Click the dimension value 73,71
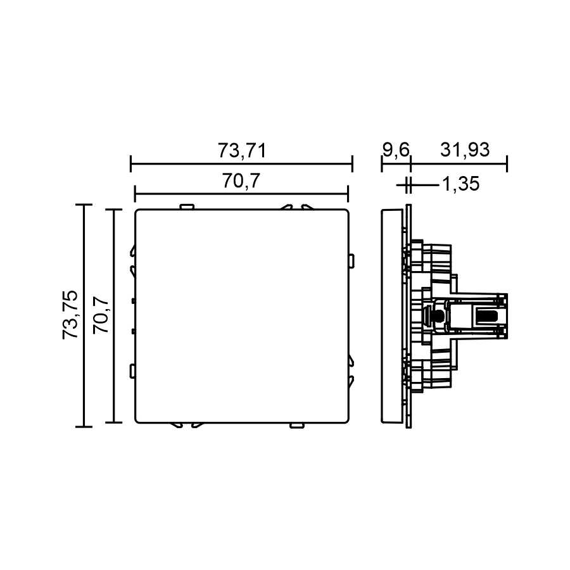[242, 150]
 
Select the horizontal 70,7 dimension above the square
[241, 180]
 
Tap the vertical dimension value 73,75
[70, 315]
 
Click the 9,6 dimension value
[396, 150]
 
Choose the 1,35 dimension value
[460, 184]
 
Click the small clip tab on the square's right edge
[351, 262]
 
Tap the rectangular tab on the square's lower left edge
[132, 370]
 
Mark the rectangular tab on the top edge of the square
[187, 207]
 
